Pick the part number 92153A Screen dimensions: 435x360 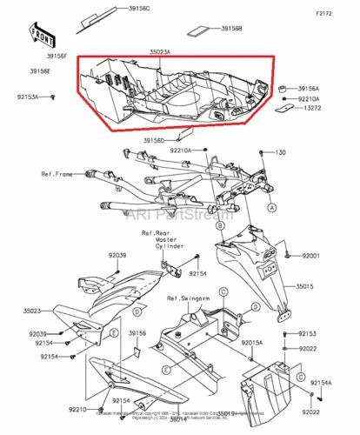[x=25, y=97]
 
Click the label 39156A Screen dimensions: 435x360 [x=309, y=89]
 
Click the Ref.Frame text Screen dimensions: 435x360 [x=59, y=173]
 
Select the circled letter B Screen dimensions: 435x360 [x=219, y=225]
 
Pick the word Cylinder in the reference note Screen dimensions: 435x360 [x=170, y=246]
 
